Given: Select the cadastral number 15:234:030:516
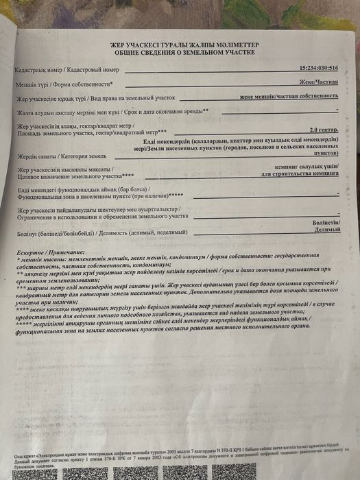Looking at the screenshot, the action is (319, 69).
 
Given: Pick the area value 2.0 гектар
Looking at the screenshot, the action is (323, 129).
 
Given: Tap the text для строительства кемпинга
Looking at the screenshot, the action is (300, 173).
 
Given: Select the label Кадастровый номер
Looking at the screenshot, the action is (93, 71).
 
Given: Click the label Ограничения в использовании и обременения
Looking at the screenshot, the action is (103, 216).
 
